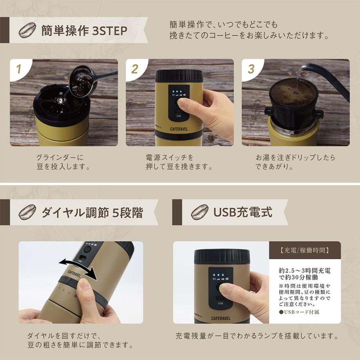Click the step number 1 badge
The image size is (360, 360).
click(x=18, y=69)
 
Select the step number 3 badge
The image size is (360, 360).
click(x=251, y=69)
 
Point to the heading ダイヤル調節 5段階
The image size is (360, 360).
click(x=92, y=212)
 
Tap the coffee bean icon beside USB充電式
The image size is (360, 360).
click(x=199, y=212)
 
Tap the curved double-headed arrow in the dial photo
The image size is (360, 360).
click(x=78, y=269)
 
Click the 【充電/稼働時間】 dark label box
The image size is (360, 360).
click(x=305, y=251)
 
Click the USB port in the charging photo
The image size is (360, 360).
click(x=220, y=298)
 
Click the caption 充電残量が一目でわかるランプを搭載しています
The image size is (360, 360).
click(x=257, y=336)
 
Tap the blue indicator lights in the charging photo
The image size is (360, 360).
click(x=218, y=275)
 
